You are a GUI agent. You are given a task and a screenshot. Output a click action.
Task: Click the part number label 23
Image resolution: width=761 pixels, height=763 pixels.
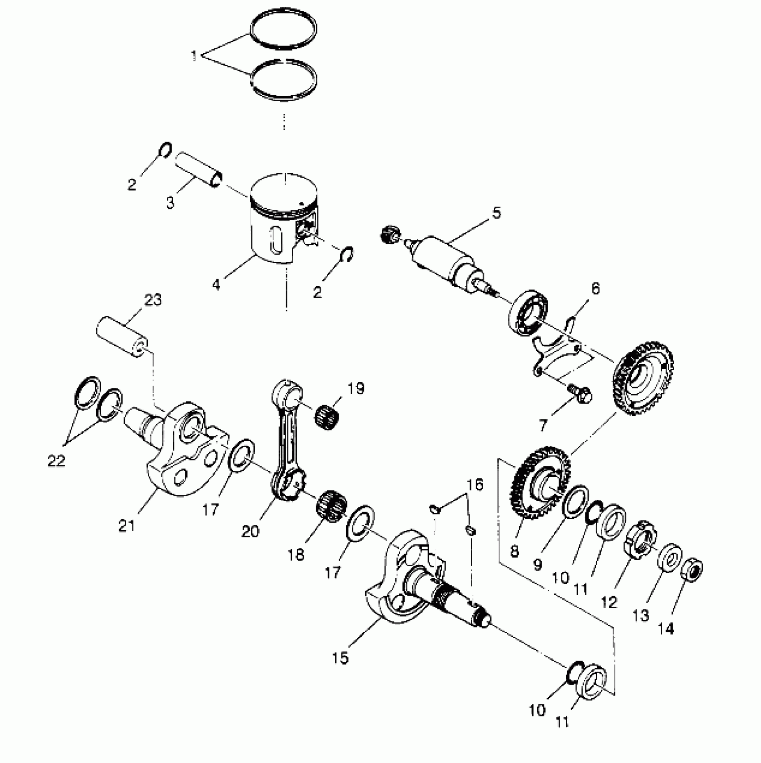153,300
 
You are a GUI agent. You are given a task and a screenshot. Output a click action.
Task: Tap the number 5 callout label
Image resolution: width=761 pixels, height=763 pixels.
496,213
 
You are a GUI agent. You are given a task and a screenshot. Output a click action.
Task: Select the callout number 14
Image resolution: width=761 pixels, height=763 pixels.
666,629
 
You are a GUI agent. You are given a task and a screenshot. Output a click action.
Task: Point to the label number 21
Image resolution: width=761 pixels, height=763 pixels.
127,525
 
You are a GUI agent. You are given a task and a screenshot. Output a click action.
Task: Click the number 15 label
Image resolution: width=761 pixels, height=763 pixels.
341,658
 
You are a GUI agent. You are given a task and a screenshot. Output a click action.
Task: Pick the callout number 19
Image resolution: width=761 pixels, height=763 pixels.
356,388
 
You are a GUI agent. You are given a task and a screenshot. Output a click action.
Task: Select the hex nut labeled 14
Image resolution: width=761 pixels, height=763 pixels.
692,568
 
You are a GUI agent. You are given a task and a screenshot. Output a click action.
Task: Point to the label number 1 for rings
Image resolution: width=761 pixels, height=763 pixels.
194,56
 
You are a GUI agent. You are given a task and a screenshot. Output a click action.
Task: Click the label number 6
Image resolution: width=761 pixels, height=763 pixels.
595,289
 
